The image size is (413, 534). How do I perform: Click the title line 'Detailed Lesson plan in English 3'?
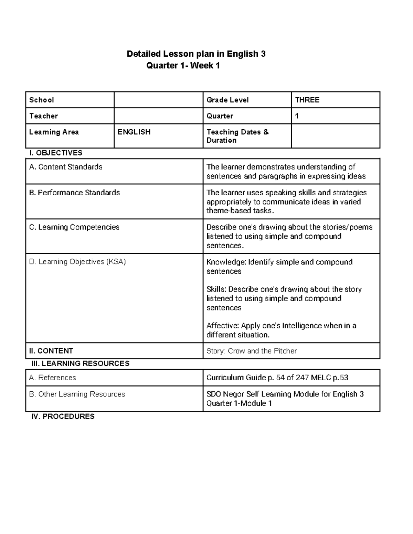[x=196, y=54]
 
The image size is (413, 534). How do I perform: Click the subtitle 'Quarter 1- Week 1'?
[x=183, y=65]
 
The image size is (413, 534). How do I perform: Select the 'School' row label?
[x=42, y=100]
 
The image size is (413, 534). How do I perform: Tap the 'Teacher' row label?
[x=43, y=116]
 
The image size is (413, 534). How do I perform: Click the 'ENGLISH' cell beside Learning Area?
[x=134, y=132]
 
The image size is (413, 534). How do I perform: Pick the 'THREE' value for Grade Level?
[x=307, y=100]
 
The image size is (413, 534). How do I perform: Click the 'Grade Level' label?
[x=227, y=100]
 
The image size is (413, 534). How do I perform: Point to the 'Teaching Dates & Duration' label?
[x=237, y=136]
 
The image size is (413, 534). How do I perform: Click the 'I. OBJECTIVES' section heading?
[x=56, y=153]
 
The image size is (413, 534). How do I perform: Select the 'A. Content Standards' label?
[x=66, y=167]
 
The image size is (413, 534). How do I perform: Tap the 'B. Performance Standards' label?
[x=74, y=193]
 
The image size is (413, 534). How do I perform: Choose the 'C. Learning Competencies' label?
[x=74, y=227]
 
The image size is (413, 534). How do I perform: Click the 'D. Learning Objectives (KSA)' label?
[x=77, y=262]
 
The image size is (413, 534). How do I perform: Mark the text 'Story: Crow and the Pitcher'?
[x=251, y=351]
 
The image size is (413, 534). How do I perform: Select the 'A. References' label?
[x=52, y=378]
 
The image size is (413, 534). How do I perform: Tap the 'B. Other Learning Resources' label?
[x=77, y=394]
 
